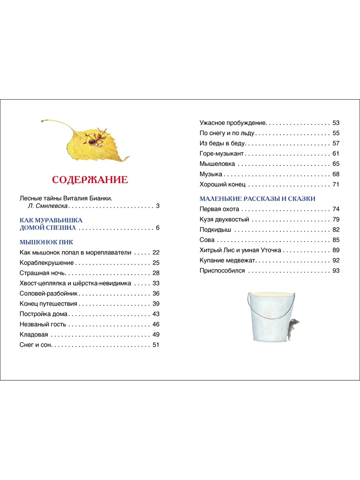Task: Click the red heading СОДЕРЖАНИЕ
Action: (x=90, y=180)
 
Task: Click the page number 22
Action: (x=156, y=252)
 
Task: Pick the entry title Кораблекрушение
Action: (x=47, y=263)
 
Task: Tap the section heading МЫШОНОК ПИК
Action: (x=46, y=242)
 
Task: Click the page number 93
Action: (x=336, y=271)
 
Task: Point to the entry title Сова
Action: (x=207, y=240)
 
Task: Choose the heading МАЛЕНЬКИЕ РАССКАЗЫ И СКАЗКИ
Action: (x=258, y=198)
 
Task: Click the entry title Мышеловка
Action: (x=217, y=164)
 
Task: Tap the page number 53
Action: (x=336, y=123)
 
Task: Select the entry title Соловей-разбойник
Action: (x=48, y=293)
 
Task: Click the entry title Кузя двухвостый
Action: (x=224, y=219)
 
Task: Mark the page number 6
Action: (x=158, y=228)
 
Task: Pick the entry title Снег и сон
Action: (x=36, y=345)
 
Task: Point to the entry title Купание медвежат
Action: (x=228, y=260)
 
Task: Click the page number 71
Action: (x=336, y=184)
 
